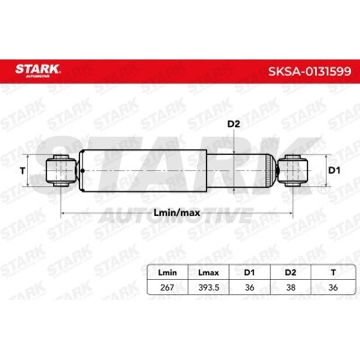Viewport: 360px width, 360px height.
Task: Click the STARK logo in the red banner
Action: (38, 70)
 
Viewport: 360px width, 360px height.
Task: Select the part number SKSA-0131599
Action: (310, 71)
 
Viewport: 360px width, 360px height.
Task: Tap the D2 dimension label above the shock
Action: (233, 124)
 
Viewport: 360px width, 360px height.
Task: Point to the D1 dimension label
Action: (334, 171)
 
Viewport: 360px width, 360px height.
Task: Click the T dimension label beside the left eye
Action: (22, 171)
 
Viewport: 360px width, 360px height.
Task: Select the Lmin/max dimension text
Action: (176, 213)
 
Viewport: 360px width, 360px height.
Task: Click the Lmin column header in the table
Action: (167, 273)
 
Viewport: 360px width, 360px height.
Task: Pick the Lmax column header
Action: (209, 273)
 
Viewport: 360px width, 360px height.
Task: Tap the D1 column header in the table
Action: (249, 273)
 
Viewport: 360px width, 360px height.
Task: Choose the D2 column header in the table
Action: (291, 273)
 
